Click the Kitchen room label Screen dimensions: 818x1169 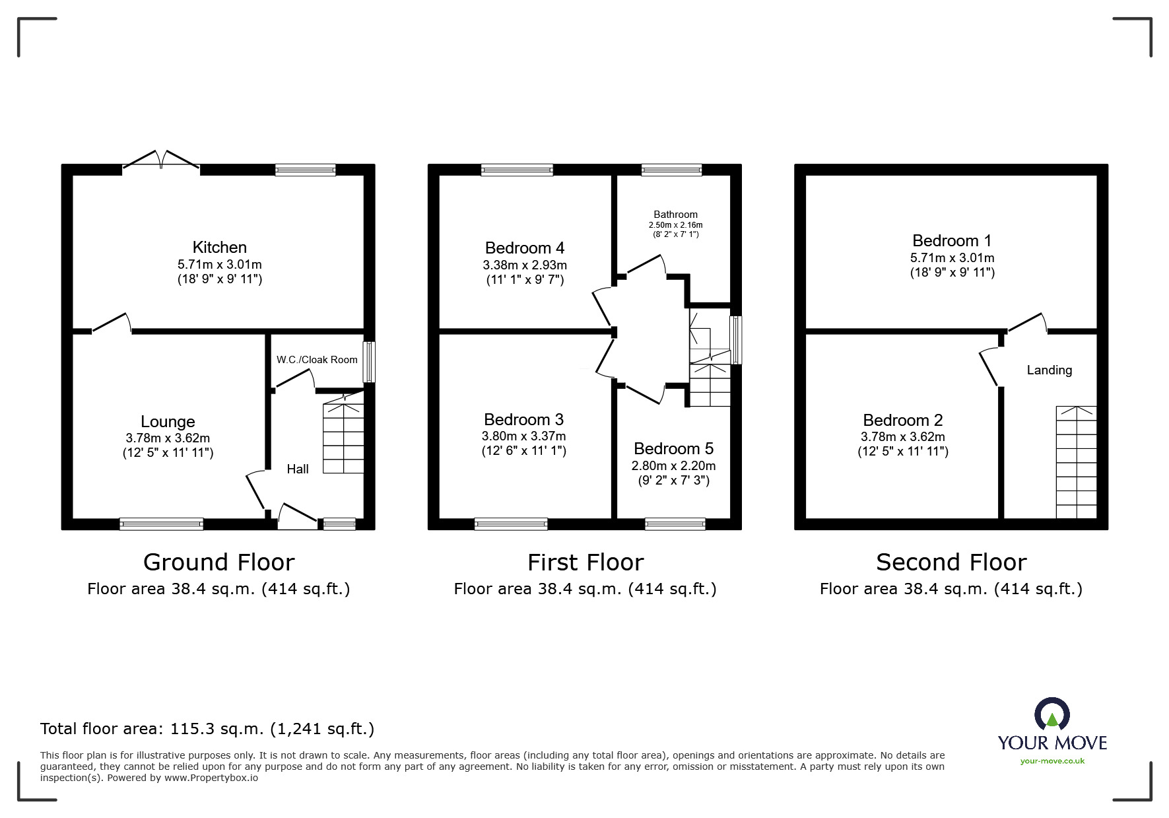[219, 248]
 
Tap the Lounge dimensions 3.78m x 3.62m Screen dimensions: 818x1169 [168, 438]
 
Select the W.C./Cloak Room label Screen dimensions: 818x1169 [317, 360]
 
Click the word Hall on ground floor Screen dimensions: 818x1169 [298, 469]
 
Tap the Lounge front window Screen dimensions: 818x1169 [161, 524]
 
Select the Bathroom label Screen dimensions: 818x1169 [675, 215]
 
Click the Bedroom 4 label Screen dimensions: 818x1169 [524, 248]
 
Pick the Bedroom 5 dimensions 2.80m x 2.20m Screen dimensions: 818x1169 [673, 466]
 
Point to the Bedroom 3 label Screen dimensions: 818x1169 [523, 420]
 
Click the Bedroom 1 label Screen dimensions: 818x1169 [952, 241]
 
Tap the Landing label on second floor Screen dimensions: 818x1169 [1049, 370]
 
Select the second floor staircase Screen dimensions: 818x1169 [1076, 462]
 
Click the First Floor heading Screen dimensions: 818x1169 [585, 562]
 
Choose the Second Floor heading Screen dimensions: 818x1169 [951, 562]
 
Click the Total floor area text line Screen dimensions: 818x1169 [207, 729]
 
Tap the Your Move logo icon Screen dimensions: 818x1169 [1052, 715]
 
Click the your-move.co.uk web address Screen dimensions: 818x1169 [1052, 761]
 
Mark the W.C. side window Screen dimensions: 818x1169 [370, 362]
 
